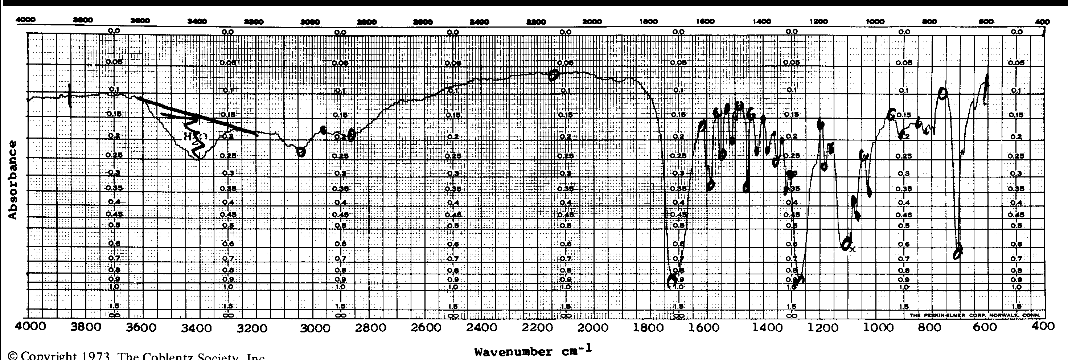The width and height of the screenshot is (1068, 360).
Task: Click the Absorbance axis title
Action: click(13, 180)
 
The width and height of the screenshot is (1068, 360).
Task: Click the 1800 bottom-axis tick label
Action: click(648, 328)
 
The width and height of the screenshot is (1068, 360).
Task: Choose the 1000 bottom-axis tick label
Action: click(875, 328)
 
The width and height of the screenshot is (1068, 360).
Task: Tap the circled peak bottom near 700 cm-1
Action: click(958, 252)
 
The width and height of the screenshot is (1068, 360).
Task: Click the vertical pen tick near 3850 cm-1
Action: click(70, 95)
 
